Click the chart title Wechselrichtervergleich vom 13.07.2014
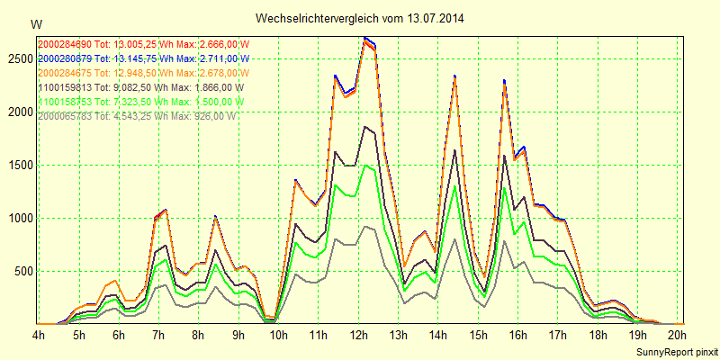(360, 18)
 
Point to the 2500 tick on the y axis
(18, 58)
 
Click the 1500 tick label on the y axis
(18, 165)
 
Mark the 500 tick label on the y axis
(21, 271)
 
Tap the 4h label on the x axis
(39, 335)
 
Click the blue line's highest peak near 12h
(364, 38)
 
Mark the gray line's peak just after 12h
(364, 226)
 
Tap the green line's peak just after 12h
(364, 165)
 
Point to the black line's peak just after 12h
(364, 127)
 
